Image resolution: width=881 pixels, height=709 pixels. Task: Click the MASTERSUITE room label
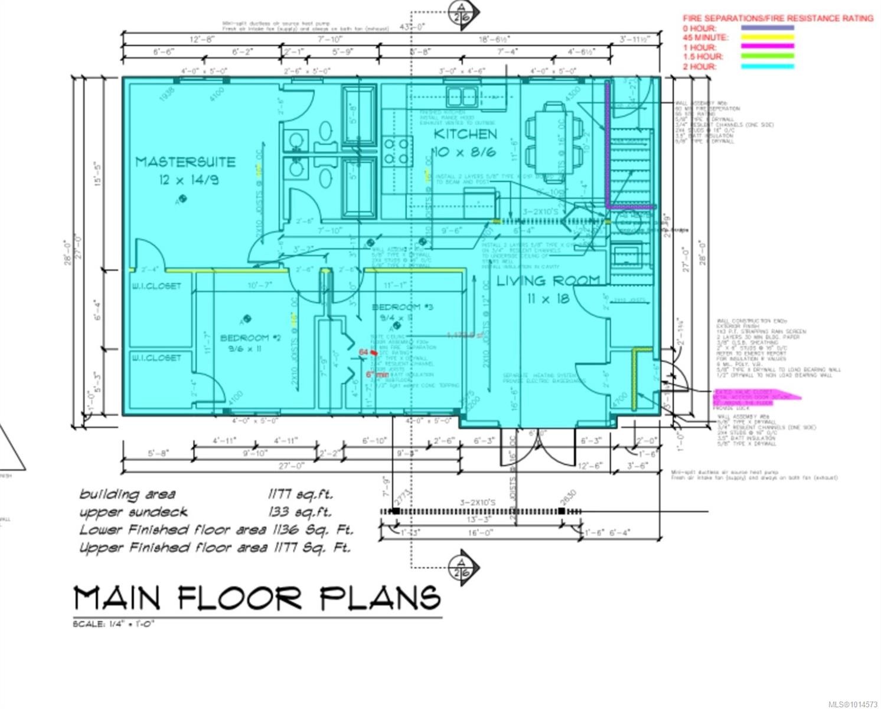point(185,162)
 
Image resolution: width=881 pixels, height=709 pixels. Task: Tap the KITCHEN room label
point(465,134)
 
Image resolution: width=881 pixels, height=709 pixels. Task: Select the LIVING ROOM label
point(547,281)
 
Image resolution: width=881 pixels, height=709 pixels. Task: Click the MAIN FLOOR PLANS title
point(257,599)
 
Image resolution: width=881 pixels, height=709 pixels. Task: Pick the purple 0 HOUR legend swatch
point(767,28)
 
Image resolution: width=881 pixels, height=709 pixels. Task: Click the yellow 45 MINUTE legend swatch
point(767,37)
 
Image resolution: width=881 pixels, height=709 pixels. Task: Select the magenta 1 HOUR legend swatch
point(767,47)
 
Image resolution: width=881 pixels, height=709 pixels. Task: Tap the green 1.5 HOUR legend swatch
point(767,57)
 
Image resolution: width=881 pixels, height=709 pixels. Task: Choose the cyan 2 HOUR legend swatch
point(767,67)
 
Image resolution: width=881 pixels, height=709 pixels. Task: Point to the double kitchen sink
point(461,96)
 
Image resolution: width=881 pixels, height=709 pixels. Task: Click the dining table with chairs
point(554,137)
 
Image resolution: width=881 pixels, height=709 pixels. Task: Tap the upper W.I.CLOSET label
point(156,287)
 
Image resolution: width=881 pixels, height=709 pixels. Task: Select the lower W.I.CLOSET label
point(156,357)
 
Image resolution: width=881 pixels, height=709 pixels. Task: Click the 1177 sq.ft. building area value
point(300,494)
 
